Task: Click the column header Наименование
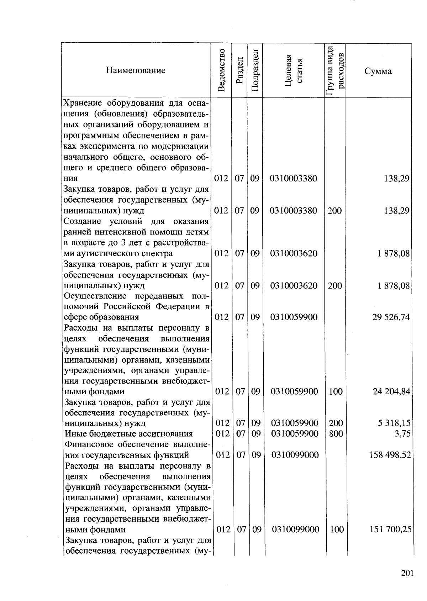[x=136, y=70]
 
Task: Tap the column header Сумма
[x=378, y=71]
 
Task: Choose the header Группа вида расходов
[x=335, y=70]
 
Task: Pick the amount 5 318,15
[x=394, y=423]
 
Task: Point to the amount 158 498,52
[x=390, y=455]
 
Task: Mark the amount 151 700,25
[x=391, y=529]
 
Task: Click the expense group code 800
[x=336, y=433]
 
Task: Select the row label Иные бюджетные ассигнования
[x=129, y=434]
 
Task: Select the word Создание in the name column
[x=82, y=221]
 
